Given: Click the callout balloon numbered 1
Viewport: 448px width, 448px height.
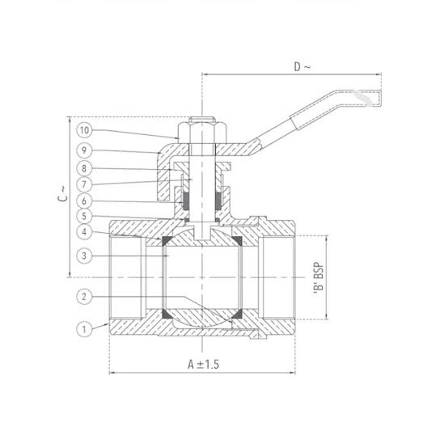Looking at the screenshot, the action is point(84,329).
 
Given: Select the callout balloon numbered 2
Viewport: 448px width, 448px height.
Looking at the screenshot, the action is point(84,297).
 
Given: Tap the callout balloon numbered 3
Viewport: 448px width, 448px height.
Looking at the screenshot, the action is point(84,256).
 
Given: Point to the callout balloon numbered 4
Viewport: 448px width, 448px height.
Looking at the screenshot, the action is point(84,232).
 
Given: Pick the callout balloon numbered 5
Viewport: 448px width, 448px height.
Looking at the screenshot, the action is point(84,216).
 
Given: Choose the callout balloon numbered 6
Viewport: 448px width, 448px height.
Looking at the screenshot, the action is point(84,201).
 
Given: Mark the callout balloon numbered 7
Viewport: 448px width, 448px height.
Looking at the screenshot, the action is point(84,184).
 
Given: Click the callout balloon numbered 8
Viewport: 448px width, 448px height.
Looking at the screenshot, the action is point(84,168).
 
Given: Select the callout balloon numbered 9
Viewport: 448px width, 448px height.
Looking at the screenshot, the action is point(84,150).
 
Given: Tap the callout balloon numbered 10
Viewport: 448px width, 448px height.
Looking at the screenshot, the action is point(84,130).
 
